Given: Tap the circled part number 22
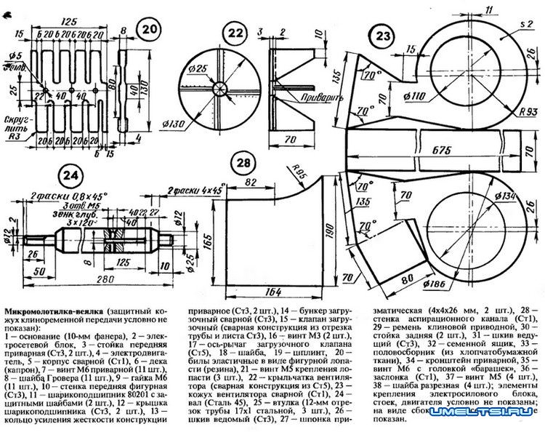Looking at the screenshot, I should tap(234, 32).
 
